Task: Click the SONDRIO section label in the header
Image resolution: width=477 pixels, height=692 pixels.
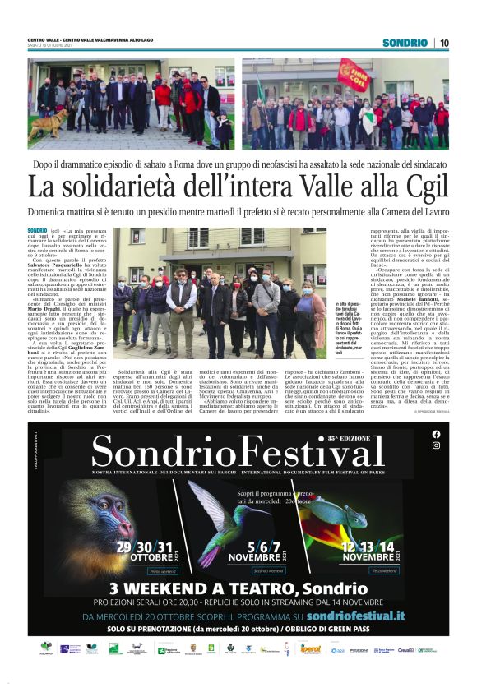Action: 405,42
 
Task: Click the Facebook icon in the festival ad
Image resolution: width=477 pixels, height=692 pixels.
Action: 435,434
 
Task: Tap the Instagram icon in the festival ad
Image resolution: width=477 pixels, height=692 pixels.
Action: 435,445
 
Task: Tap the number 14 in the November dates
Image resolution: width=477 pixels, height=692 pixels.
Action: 387,546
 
